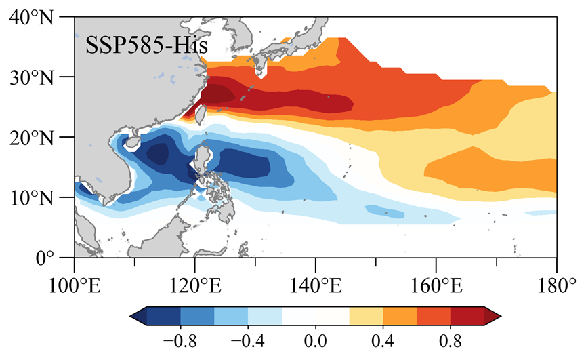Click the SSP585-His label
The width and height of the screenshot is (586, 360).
coord(146,46)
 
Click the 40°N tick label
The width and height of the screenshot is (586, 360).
coord(37,17)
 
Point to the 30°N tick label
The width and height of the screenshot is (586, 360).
coord(37,77)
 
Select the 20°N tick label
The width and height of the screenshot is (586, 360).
coord(37,137)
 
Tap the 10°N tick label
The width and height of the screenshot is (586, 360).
coord(37,197)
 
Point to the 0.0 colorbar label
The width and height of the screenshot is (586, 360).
coord(316,339)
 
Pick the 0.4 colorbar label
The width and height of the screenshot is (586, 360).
coord(383,339)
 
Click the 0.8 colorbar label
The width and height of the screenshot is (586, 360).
coord(451,339)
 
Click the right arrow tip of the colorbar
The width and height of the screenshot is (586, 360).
coord(499,315)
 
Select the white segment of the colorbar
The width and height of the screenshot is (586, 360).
coord(315,315)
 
